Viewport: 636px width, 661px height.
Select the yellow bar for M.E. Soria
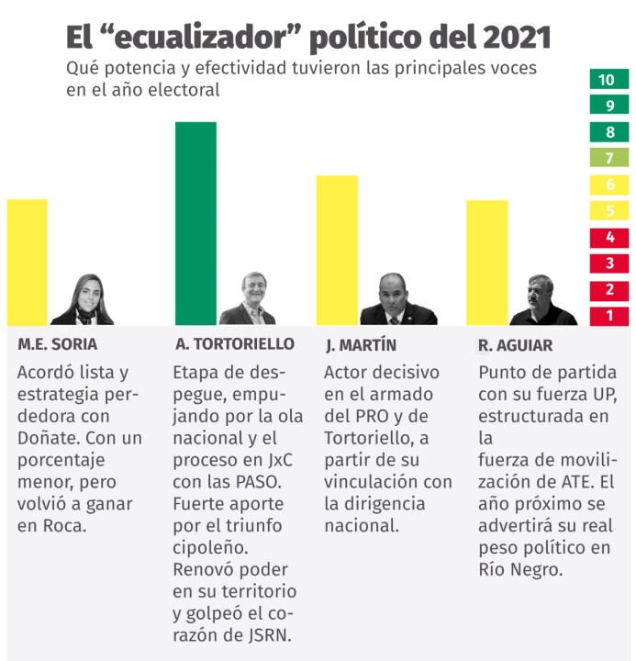pos(27,262)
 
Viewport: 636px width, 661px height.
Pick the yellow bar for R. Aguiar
pos(486,262)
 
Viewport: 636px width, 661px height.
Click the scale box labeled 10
pos(608,80)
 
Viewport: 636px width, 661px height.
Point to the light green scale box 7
pos(608,158)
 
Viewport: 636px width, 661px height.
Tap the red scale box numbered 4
pos(608,237)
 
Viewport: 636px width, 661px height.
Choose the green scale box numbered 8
pos(608,132)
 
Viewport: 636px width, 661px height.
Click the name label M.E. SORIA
pos(57,345)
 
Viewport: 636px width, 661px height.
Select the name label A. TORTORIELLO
pos(235,344)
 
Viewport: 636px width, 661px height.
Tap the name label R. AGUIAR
pos(515,346)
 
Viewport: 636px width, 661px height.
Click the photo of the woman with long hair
pos(83,300)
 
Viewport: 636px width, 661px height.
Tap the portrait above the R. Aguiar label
pos(543,301)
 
